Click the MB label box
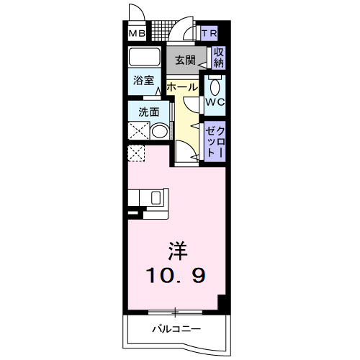137,34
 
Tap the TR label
209,34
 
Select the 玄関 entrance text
185,60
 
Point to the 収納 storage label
218,58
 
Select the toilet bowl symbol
215,88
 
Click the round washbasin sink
160,130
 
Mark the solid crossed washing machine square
138,130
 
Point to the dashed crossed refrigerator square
137,153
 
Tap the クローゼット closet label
215,140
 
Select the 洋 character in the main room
177,251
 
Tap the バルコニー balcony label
176,330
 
